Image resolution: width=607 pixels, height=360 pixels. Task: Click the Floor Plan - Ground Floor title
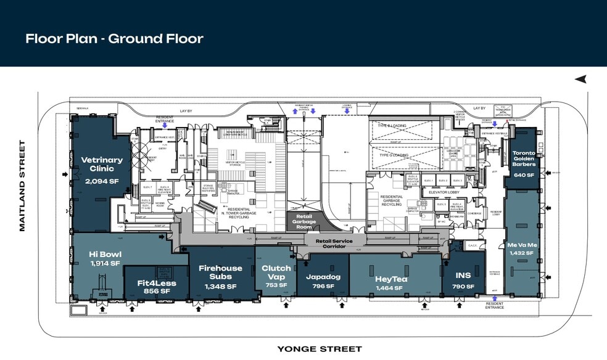(114, 39)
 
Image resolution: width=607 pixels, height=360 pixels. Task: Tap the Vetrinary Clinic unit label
(102, 165)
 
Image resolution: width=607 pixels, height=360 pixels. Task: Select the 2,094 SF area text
(102, 181)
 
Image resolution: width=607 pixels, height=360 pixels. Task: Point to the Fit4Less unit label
(156, 284)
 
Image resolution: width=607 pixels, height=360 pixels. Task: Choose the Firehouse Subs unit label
(220, 272)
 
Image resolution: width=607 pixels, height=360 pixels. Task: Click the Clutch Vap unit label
(276, 272)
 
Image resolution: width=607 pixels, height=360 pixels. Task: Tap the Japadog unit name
(323, 277)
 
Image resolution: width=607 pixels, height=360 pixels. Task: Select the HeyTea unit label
(392, 279)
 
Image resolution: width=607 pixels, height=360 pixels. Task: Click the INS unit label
(463, 276)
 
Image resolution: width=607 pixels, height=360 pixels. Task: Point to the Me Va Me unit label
(522, 245)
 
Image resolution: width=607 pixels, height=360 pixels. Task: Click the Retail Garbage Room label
(303, 221)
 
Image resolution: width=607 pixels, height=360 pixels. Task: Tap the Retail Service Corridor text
(334, 243)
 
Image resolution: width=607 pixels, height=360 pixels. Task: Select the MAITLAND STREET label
(22, 186)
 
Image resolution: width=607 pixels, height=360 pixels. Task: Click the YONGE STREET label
(319, 349)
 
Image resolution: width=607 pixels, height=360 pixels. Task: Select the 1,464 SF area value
(392, 288)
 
